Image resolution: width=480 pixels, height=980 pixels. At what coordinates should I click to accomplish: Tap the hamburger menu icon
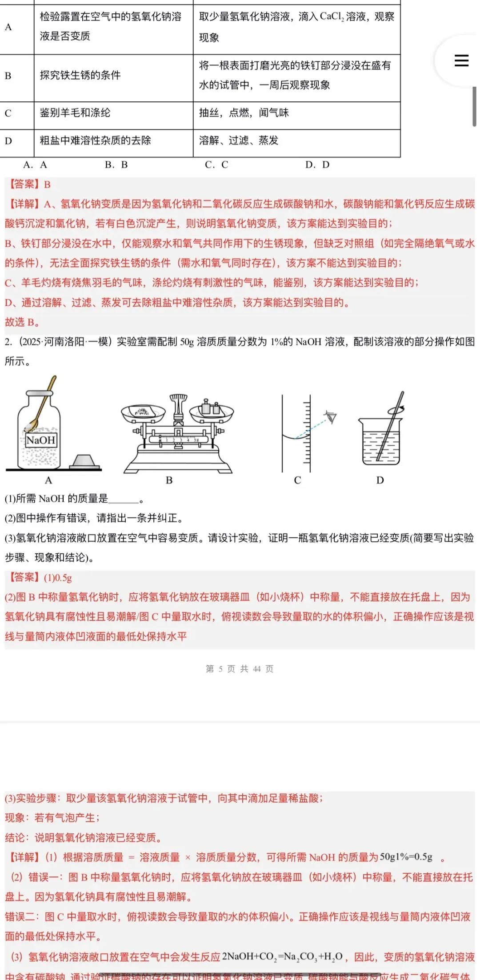(461, 60)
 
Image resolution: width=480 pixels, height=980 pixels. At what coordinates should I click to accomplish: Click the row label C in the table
(8, 113)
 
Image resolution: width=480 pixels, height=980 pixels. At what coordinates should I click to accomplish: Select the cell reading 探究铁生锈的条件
(80, 75)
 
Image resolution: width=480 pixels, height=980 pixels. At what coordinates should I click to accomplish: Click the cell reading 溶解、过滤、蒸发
(239, 140)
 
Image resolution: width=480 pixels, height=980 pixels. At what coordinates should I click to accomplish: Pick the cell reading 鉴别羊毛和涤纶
(75, 113)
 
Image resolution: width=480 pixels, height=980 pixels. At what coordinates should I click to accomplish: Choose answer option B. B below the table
(116, 165)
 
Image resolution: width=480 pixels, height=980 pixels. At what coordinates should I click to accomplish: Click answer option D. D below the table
(317, 165)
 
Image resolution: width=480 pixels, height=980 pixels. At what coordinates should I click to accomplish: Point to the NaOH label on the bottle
(40, 440)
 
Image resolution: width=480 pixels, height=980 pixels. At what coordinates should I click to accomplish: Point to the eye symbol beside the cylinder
(331, 417)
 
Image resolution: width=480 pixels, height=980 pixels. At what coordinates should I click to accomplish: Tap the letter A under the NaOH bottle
(48, 480)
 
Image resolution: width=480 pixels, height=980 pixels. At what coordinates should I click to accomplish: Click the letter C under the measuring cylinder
(297, 480)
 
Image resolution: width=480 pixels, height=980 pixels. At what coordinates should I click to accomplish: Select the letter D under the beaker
(380, 480)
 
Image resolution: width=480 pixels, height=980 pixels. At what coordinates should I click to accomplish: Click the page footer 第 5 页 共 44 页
(240, 669)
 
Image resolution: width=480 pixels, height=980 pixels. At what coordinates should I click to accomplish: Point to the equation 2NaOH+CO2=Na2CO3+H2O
(282, 956)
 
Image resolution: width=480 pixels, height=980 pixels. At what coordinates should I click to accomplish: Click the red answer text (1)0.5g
(58, 578)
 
